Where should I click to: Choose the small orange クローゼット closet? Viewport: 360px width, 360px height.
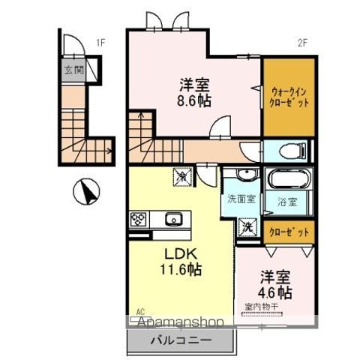(289, 232)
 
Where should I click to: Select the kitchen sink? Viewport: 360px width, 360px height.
(173, 219)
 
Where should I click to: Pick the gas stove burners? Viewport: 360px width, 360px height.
(139, 220)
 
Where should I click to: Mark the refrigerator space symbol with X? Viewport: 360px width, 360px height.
(184, 178)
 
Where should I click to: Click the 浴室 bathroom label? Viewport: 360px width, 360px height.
(288, 200)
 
